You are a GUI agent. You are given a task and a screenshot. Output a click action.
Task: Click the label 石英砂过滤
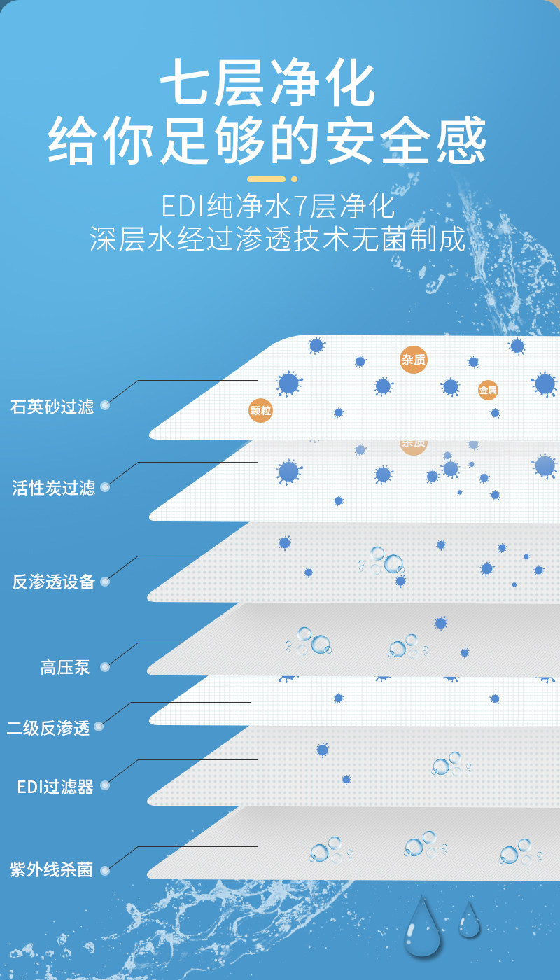(52, 407)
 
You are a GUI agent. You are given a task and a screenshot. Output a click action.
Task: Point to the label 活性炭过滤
(53, 488)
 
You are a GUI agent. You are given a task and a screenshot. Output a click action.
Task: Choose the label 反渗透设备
(53, 582)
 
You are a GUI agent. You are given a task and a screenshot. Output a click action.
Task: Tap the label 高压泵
(65, 667)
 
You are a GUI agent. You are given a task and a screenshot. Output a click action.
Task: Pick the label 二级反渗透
(48, 728)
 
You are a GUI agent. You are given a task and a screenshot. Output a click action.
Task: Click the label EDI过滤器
(55, 787)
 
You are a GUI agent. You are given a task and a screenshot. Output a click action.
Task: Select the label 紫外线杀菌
(51, 870)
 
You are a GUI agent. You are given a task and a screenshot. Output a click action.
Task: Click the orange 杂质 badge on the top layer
(413, 360)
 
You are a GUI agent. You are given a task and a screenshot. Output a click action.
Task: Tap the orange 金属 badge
(488, 391)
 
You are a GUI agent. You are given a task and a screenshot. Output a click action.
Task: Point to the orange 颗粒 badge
(260, 411)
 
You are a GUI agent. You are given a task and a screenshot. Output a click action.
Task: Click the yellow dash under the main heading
(267, 179)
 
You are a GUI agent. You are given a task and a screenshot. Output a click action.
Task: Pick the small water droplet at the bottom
(469, 920)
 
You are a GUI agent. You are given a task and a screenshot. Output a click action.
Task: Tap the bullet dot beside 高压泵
(105, 667)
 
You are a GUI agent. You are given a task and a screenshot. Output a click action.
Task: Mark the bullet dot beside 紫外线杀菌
(105, 871)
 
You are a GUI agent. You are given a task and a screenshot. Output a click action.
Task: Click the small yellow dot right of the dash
(295, 179)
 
